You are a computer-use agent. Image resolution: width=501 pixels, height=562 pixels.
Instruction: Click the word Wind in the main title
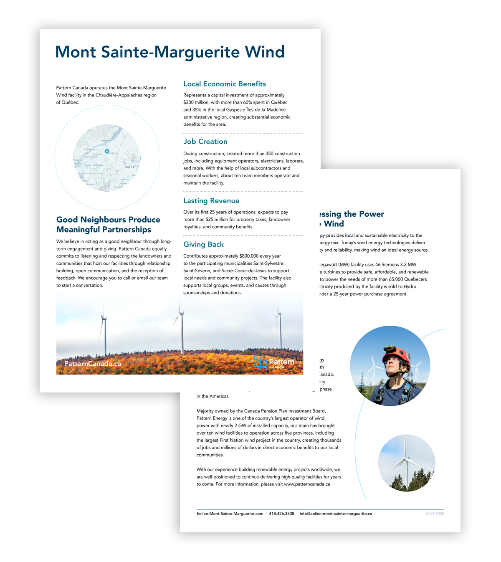(x=265, y=52)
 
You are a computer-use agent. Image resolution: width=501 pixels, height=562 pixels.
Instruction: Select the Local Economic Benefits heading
(x=225, y=84)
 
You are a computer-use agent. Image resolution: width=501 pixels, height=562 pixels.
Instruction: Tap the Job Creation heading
(x=205, y=142)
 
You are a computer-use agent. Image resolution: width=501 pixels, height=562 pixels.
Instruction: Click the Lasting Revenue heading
(x=211, y=201)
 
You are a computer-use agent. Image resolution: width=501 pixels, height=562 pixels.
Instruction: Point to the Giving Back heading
(x=203, y=244)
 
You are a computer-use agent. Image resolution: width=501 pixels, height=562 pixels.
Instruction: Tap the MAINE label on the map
(x=129, y=167)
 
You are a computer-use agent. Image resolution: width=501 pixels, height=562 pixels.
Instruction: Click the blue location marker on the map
(x=107, y=151)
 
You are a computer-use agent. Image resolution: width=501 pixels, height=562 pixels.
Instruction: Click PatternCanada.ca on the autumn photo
(x=93, y=364)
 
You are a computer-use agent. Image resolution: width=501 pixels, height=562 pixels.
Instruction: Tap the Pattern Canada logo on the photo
(x=273, y=363)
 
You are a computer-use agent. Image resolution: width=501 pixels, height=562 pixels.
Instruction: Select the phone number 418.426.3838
(x=281, y=514)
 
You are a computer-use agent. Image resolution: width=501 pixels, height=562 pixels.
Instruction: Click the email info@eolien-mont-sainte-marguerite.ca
(x=336, y=514)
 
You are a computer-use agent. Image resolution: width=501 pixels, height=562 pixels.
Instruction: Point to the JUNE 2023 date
(x=434, y=514)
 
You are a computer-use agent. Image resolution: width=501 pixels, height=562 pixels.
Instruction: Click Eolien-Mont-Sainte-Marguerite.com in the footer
(x=230, y=514)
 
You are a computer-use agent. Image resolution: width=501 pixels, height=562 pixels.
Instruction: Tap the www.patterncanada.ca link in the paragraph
(x=307, y=484)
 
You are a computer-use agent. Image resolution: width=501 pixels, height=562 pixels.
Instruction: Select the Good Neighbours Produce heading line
(x=108, y=220)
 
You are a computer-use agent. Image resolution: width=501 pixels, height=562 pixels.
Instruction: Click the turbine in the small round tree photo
(x=404, y=459)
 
